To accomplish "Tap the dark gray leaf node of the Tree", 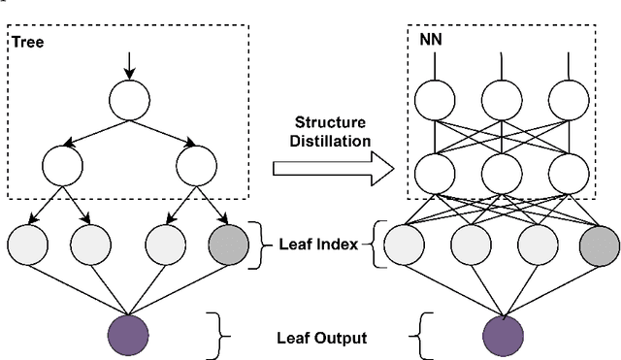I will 230,246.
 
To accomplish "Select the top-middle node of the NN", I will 503,98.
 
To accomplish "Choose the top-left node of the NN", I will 435,98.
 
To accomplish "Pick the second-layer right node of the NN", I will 571,175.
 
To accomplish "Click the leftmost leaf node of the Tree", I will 27,246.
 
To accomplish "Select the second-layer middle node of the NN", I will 503,175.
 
